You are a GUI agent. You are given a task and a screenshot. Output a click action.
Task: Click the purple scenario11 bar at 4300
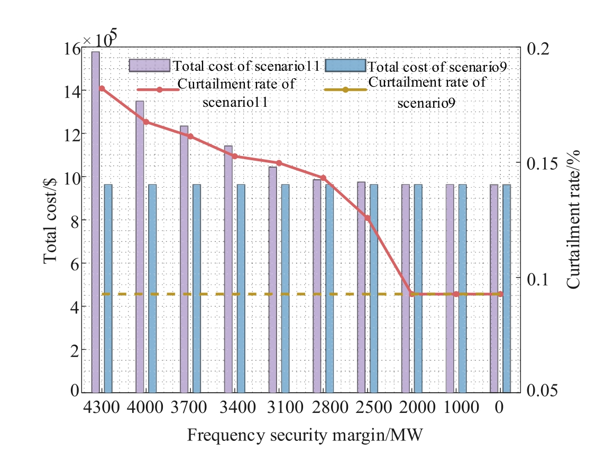(95, 222)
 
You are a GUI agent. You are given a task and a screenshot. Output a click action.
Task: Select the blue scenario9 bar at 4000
(152, 289)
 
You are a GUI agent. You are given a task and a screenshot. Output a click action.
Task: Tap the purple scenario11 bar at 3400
(228, 269)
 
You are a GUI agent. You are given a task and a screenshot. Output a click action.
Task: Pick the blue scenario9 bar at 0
(507, 289)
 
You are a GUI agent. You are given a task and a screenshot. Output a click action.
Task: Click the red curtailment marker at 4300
(102, 89)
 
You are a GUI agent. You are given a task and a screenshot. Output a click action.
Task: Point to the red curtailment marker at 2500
(368, 218)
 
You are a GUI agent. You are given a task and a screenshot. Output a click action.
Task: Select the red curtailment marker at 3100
(279, 163)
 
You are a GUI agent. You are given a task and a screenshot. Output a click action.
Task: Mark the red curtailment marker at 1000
(456, 294)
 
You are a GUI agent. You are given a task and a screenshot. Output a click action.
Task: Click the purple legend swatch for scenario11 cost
(149, 66)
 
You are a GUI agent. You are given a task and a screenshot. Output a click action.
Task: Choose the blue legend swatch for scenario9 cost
(345, 66)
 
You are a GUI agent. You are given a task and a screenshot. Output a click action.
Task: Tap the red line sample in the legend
(159, 90)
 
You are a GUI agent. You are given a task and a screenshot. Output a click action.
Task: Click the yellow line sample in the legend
(345, 90)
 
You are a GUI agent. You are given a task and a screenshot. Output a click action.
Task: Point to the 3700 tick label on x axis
(189, 407)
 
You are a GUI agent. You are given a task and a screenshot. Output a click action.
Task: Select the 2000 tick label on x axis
(417, 407)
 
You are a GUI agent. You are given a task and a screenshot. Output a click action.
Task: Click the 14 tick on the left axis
(72, 92)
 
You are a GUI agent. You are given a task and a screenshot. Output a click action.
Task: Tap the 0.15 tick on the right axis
(542, 164)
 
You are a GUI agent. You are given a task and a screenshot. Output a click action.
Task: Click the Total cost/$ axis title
(50, 221)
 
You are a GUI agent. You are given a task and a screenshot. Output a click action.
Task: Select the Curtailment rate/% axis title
(573, 219)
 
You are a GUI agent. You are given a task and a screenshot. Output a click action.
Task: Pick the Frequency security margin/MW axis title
(305, 436)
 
